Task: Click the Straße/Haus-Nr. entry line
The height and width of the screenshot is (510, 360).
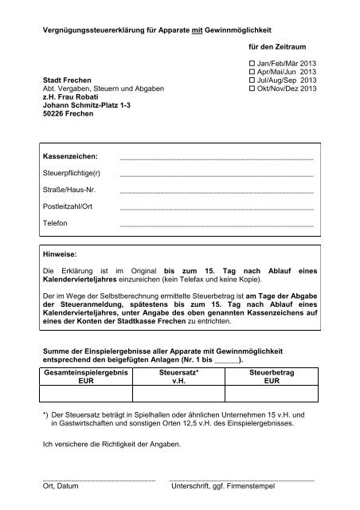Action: tap(215, 192)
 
